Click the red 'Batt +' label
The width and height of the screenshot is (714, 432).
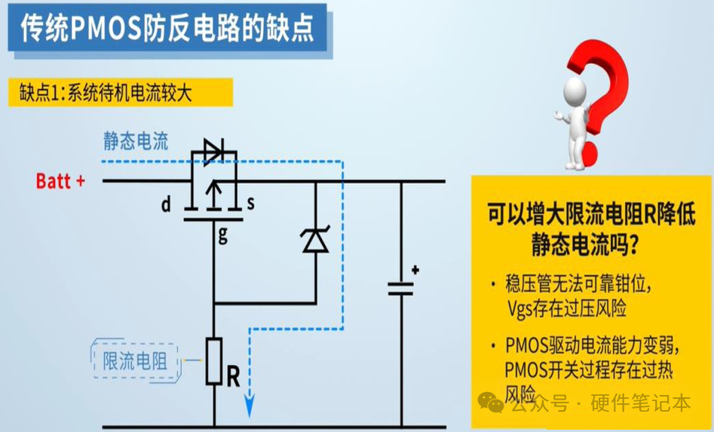[x=60, y=182]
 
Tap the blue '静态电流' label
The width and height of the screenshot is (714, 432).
[x=136, y=141]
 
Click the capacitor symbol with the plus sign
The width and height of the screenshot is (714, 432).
[x=401, y=287]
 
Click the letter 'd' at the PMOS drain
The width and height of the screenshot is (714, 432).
[x=165, y=204]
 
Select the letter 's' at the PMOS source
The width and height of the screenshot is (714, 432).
[x=250, y=204]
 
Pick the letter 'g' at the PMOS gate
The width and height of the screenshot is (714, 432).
[x=222, y=234]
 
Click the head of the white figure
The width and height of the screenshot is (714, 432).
[x=577, y=90]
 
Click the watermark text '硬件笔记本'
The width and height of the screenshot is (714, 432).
[x=640, y=403]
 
